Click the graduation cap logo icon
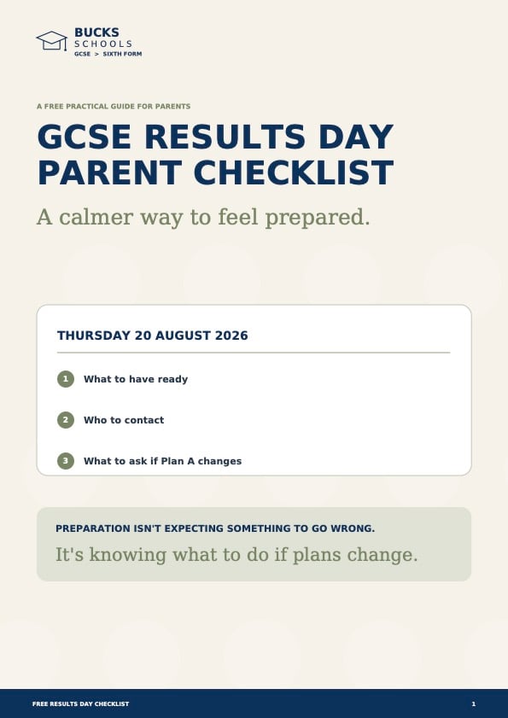(52, 41)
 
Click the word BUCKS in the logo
(96, 32)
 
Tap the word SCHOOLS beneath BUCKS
(103, 44)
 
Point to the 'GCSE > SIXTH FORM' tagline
(108, 54)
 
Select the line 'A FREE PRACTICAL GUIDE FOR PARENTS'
(114, 106)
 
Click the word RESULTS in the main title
(225, 137)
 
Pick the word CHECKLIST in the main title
(293, 172)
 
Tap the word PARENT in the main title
(110, 172)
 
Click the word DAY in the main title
(356, 137)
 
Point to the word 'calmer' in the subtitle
(96, 217)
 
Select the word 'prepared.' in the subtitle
(317, 218)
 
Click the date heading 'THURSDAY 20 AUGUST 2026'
(153, 336)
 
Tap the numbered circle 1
(66, 379)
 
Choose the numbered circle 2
(66, 420)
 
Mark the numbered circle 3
(66, 461)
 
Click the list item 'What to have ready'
(136, 379)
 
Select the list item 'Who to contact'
(124, 420)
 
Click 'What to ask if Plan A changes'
(162, 461)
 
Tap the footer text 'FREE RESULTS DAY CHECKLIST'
(80, 703)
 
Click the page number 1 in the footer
(474, 703)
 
